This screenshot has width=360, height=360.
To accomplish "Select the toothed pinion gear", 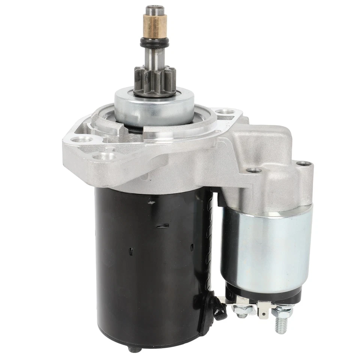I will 155,81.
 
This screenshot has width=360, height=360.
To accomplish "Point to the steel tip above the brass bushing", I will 154,10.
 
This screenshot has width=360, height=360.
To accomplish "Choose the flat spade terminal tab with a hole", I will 264,310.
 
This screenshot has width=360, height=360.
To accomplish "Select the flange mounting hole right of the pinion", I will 225,111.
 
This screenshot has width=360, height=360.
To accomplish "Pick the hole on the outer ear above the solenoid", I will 303,164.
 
